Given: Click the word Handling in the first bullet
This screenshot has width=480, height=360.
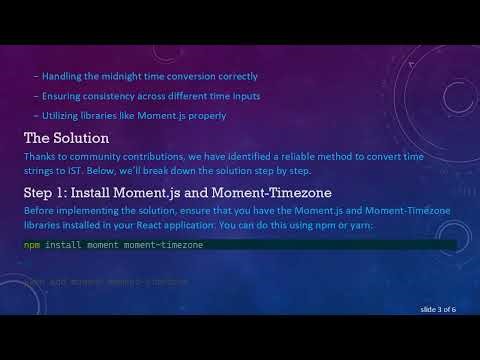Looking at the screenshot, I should click(x=62, y=76).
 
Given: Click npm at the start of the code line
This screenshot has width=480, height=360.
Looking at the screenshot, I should click(x=31, y=245).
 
